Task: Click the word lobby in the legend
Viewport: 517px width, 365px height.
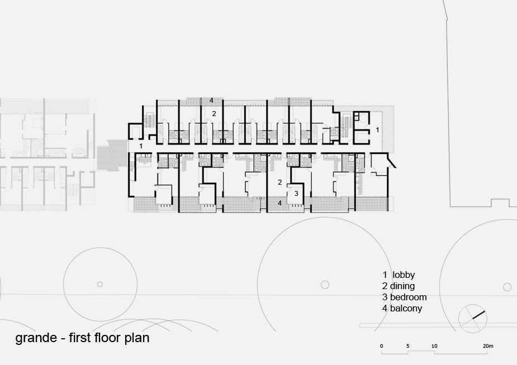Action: (x=404, y=275)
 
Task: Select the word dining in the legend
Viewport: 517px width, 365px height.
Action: (x=402, y=286)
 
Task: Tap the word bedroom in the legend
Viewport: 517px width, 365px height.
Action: (x=408, y=297)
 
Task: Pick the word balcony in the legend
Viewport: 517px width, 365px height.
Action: (x=406, y=309)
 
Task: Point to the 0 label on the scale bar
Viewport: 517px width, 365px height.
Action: (x=382, y=346)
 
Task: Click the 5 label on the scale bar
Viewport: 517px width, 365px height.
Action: (x=408, y=346)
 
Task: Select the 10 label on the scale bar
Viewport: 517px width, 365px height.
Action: (x=434, y=346)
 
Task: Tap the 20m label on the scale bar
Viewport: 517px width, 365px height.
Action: (x=488, y=346)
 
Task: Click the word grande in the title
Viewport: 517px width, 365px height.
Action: (x=36, y=338)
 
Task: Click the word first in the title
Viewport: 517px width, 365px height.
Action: (x=80, y=338)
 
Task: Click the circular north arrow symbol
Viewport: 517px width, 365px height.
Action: (x=473, y=319)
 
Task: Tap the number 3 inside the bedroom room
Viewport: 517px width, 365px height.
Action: (x=296, y=194)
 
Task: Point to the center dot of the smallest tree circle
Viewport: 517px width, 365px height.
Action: (x=100, y=284)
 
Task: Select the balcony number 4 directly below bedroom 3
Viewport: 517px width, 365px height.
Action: (x=279, y=203)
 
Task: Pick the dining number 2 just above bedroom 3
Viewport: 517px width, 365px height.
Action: (x=280, y=182)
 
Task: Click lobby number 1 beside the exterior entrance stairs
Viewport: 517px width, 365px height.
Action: (x=141, y=146)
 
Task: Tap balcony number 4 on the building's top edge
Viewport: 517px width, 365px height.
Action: (x=211, y=100)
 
